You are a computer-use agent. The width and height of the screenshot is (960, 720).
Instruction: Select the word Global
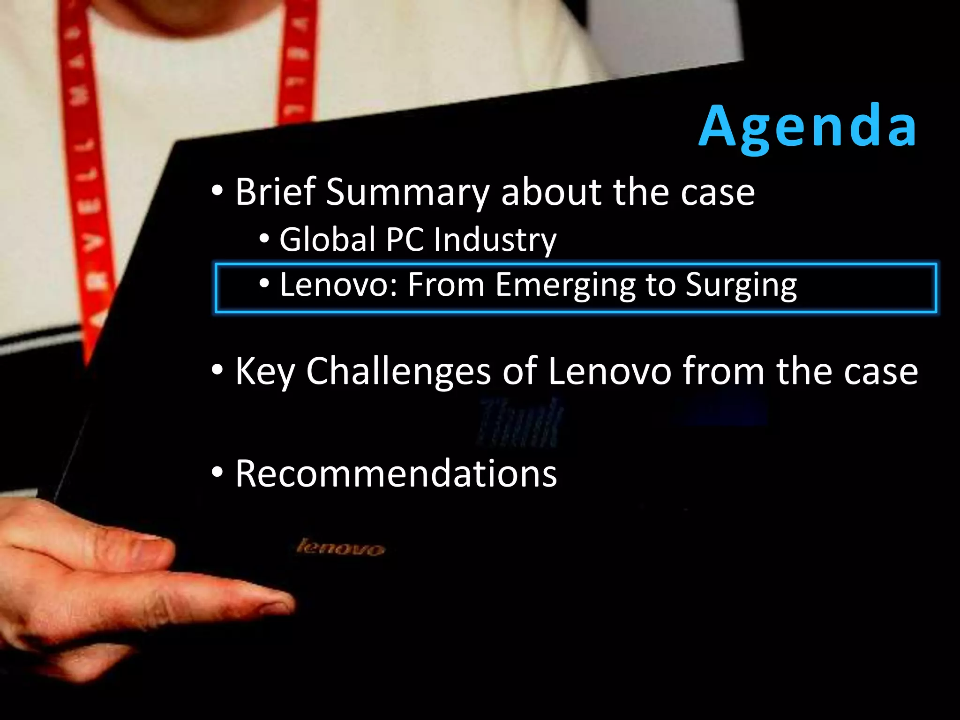pos(328,240)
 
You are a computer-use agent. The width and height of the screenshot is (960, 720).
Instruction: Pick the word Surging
pos(741,285)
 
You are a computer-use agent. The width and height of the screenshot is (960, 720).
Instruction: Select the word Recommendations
pos(396,474)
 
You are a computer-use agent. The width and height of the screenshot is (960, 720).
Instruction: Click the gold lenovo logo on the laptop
pos(341,547)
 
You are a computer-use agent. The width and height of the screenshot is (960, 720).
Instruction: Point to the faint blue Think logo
pos(519,422)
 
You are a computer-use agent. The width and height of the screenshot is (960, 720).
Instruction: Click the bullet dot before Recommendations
pos(217,472)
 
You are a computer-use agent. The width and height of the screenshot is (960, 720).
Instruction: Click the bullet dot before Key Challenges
pos(217,370)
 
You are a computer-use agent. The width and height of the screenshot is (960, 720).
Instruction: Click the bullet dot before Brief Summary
pos(217,191)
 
